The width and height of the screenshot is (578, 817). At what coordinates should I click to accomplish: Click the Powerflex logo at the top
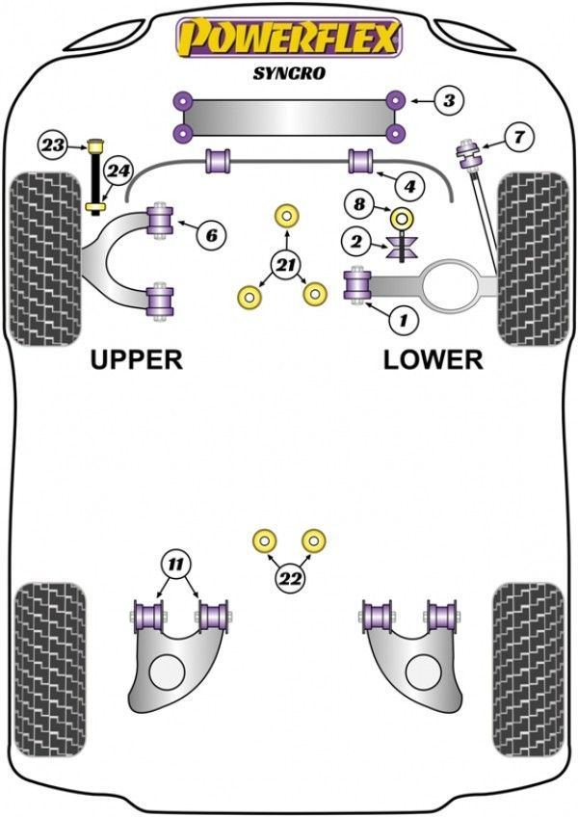[x=287, y=39]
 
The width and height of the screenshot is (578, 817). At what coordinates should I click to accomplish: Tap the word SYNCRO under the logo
[x=287, y=72]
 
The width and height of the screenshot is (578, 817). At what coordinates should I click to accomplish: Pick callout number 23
[x=54, y=146]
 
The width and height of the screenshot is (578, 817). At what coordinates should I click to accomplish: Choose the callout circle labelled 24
[x=118, y=171]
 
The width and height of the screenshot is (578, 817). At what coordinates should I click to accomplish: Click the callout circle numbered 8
[x=359, y=204]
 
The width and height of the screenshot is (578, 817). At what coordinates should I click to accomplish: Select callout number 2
[x=357, y=241]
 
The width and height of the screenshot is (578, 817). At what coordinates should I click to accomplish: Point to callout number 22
[x=287, y=579]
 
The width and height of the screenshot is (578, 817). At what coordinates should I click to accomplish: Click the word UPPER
[x=136, y=359]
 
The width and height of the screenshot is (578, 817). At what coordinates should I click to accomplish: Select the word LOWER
[x=433, y=359]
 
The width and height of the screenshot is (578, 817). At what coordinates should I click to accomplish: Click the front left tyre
[x=43, y=258]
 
